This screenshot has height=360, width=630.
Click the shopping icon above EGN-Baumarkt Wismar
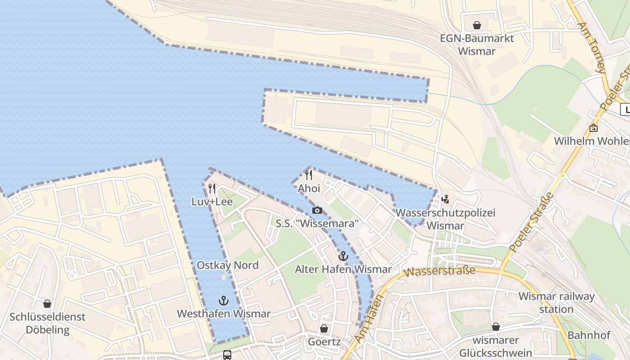[x=477, y=25]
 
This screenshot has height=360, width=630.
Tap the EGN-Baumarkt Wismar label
[x=477, y=45]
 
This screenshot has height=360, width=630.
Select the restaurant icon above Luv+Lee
[x=212, y=189]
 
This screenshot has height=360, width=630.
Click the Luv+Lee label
[x=212, y=202]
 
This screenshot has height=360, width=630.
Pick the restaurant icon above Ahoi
[x=309, y=175]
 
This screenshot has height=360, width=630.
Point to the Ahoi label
[x=309, y=188]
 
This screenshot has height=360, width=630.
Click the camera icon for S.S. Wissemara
[x=317, y=210]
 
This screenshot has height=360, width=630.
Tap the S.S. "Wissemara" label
[x=317, y=223]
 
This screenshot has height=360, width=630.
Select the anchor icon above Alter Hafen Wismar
[x=343, y=256]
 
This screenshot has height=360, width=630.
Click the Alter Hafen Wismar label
[x=343, y=270]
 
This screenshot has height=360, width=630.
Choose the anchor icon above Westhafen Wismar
[x=224, y=300]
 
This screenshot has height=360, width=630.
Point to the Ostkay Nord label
[x=228, y=265]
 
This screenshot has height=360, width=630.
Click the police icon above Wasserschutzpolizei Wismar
[x=445, y=199]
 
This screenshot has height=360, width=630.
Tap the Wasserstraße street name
[x=439, y=271]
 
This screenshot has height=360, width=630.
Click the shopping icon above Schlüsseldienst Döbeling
[x=47, y=304]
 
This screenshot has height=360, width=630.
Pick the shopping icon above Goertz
[x=324, y=328]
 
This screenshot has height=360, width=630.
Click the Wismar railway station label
[x=556, y=303]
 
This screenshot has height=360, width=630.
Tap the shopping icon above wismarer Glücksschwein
[x=495, y=327]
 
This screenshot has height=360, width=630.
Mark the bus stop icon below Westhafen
[x=227, y=355]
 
